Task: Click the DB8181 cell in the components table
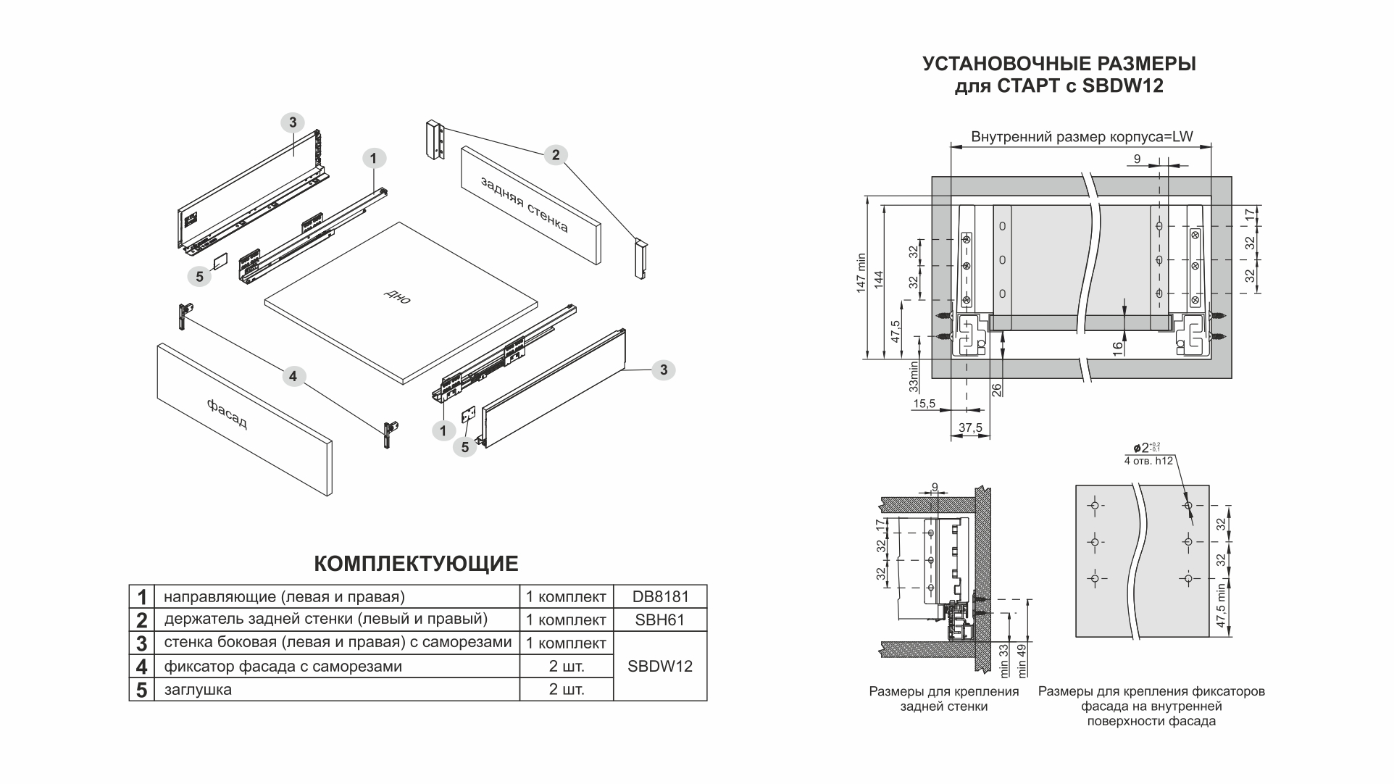pyautogui.click(x=659, y=597)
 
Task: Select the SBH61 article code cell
pyautogui.click(x=659, y=620)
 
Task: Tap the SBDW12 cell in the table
pyautogui.click(x=659, y=667)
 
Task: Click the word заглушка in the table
pyautogui.click(x=198, y=690)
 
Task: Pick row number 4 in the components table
pyautogui.click(x=141, y=667)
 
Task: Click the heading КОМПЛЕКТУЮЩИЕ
pyautogui.click(x=416, y=564)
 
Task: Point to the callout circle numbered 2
pyautogui.click(x=556, y=154)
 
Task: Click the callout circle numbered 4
pyautogui.click(x=293, y=376)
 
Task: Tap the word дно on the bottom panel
pyautogui.click(x=398, y=296)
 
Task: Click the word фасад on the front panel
pyautogui.click(x=227, y=414)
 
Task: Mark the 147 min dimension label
pyautogui.click(x=861, y=272)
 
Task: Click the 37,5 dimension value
pyautogui.click(x=970, y=428)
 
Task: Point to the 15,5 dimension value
pyautogui.click(x=924, y=404)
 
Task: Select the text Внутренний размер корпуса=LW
pyautogui.click(x=1081, y=137)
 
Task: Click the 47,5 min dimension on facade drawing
pyautogui.click(x=1222, y=606)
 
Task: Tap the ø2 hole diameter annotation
pyautogui.click(x=1143, y=448)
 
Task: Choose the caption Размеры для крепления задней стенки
pyautogui.click(x=943, y=698)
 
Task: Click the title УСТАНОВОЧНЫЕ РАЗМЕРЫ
pyautogui.click(x=1059, y=64)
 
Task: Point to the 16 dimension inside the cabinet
pyautogui.click(x=1118, y=347)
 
